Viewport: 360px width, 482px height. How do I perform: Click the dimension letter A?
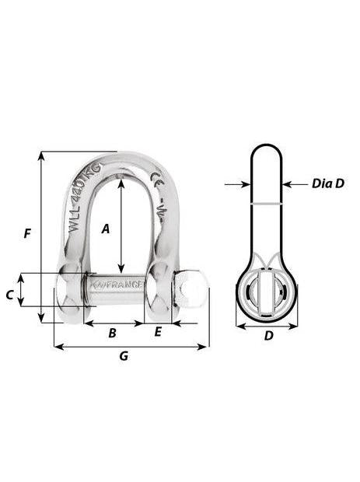[x=107, y=228]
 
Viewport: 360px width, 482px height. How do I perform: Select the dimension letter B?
[x=112, y=333]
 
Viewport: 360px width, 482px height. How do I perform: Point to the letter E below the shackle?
[x=158, y=333]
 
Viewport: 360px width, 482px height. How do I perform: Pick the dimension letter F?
[x=28, y=233]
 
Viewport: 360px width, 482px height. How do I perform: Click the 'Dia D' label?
[x=327, y=184]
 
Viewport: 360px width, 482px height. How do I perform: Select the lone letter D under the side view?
[x=268, y=337]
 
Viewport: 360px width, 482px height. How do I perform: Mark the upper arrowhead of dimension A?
[x=121, y=181]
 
